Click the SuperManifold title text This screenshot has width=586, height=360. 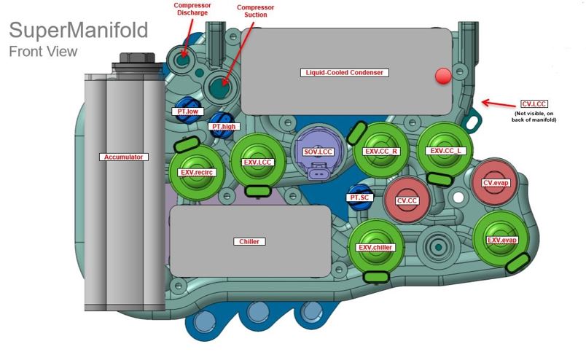pos(78,31)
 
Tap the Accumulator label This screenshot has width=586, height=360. pos(122,157)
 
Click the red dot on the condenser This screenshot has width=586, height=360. pos(442,77)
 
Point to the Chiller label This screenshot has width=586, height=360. pos(249,241)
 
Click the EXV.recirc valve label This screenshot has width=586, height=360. pos(195,172)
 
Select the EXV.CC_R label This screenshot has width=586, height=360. pos(381,152)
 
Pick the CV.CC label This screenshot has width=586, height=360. pos(406,200)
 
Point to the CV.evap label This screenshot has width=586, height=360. pos(496,183)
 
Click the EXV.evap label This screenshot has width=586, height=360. pos(502,240)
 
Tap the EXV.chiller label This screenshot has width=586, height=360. pos(375,248)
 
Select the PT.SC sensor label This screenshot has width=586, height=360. pos(358,197)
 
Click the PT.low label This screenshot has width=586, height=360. pos(187,111)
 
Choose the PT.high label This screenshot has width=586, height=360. pos(224,127)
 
